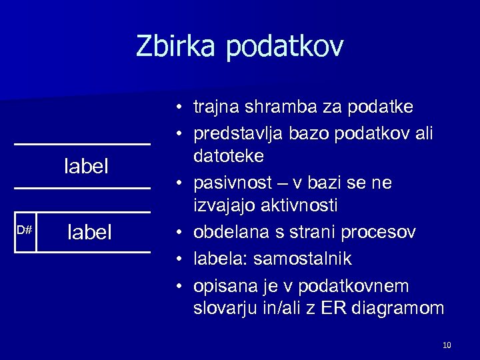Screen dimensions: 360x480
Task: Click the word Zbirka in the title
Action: pyautogui.click(x=178, y=47)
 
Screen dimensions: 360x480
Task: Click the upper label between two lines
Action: pyautogui.click(x=86, y=166)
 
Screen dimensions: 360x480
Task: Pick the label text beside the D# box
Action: pyautogui.click(x=90, y=232)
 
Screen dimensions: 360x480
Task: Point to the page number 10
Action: pyautogui.click(x=447, y=345)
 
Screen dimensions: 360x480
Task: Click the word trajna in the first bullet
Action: pyautogui.click(x=215, y=107)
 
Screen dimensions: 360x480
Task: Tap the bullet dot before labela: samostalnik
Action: pyautogui.click(x=181, y=258)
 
